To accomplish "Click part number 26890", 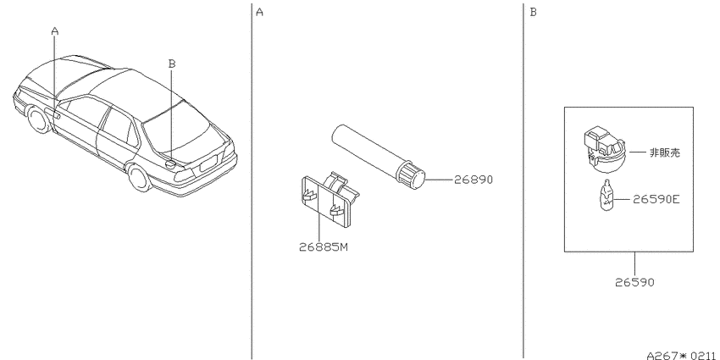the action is (473, 180).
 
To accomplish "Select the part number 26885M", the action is (324, 247).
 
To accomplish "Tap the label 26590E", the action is (656, 199).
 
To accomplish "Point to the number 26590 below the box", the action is (634, 282).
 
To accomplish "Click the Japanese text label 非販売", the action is (665, 152).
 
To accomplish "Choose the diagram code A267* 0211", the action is (680, 355).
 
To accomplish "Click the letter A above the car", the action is (55, 31).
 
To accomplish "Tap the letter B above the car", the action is (172, 64).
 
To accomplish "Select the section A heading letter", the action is (259, 12).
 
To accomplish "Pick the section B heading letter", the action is (533, 12).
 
